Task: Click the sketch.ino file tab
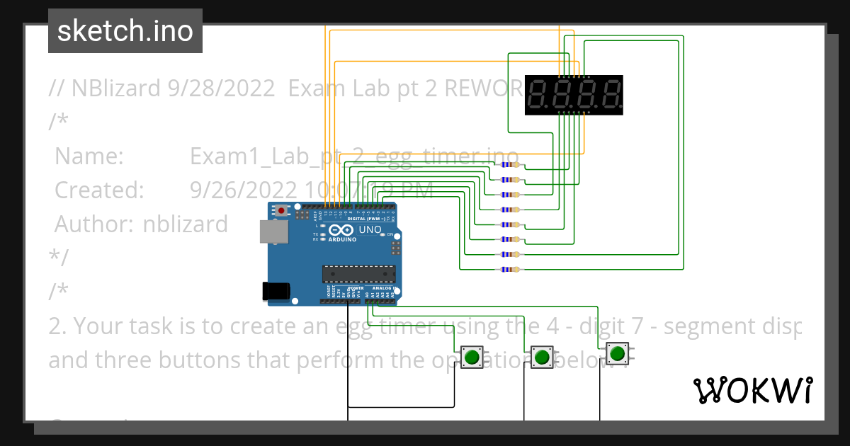click(125, 31)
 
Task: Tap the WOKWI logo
click(752, 390)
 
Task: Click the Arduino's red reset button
click(283, 210)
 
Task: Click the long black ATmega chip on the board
click(358, 273)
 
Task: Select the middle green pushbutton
click(542, 356)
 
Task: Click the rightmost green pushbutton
click(617, 353)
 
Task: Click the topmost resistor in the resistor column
click(509, 164)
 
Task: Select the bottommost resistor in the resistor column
click(509, 269)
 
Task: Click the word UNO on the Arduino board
click(370, 229)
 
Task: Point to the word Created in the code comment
click(99, 190)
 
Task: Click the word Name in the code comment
click(89, 156)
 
